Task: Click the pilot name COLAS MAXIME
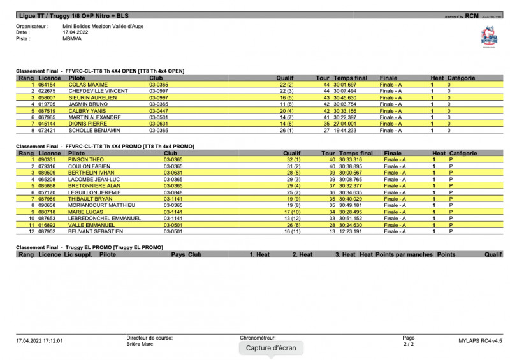pos(88,85)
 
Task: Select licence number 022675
pos(47,91)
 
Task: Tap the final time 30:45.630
pos(345,97)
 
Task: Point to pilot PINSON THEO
pos(86,159)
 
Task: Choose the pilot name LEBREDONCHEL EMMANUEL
pos(104,219)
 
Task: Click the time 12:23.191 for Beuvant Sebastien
pos(349,231)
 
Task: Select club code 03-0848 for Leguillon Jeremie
pos(173,192)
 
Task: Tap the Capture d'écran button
pos(270,348)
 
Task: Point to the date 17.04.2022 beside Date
pos(75,32)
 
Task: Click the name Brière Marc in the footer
pos(140,343)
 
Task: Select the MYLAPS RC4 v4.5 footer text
pos(480,341)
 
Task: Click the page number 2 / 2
pos(408,344)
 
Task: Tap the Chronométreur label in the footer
pos(258,338)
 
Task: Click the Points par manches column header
pos(404,254)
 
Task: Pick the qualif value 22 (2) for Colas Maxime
pos(286,85)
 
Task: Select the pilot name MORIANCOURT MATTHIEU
pos(102,205)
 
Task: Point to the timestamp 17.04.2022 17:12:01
pos(40,341)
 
